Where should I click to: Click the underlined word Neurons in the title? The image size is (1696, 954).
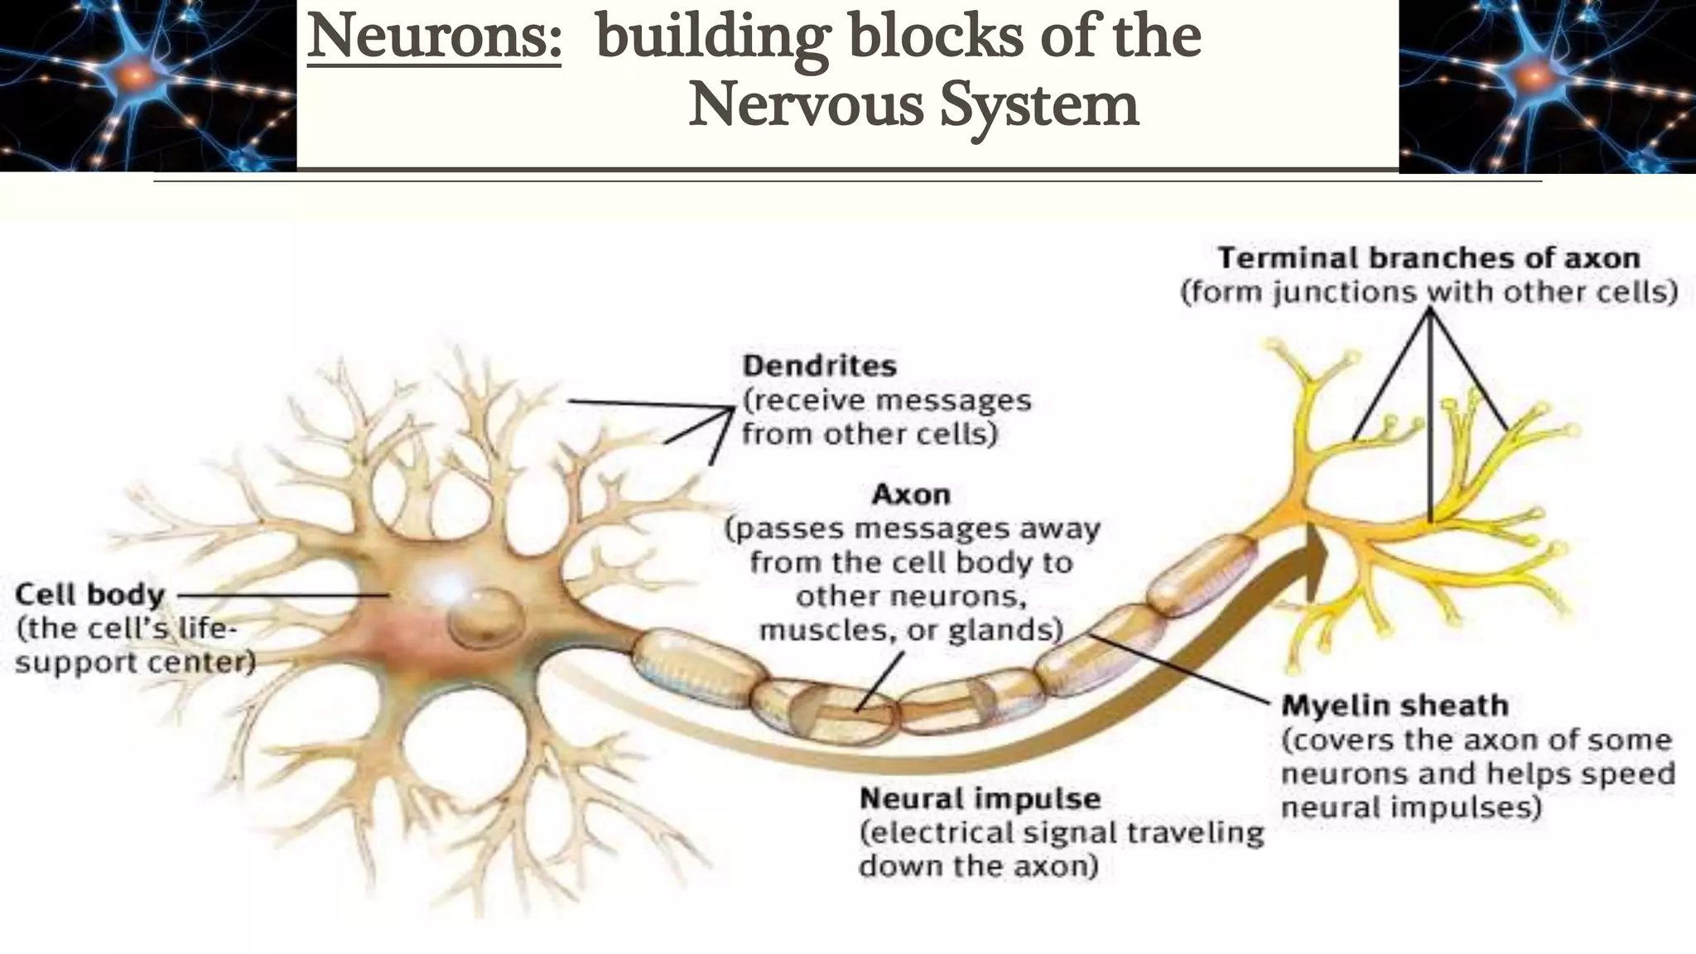point(434,37)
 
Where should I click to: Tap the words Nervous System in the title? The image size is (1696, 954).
point(913,105)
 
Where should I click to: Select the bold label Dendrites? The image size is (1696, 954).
point(819,365)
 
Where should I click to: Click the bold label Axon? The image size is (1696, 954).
point(911,494)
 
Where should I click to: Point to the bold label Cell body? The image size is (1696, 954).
point(90,594)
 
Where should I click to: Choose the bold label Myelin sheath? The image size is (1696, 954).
point(1395,706)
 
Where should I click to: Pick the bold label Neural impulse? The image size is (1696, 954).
point(980,798)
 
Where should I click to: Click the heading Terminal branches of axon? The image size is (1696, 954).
point(1429,258)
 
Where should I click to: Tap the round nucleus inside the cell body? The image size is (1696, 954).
point(486,618)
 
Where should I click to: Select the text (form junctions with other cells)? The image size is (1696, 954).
point(1429,292)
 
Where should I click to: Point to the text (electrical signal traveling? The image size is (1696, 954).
point(1062,832)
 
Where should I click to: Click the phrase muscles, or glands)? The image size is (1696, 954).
point(911,630)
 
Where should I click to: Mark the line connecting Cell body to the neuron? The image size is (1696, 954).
point(282,595)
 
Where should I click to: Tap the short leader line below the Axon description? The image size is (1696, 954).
point(879,681)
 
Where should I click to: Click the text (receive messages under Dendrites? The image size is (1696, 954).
point(886,400)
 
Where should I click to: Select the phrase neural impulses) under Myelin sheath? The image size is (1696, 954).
point(1411,807)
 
